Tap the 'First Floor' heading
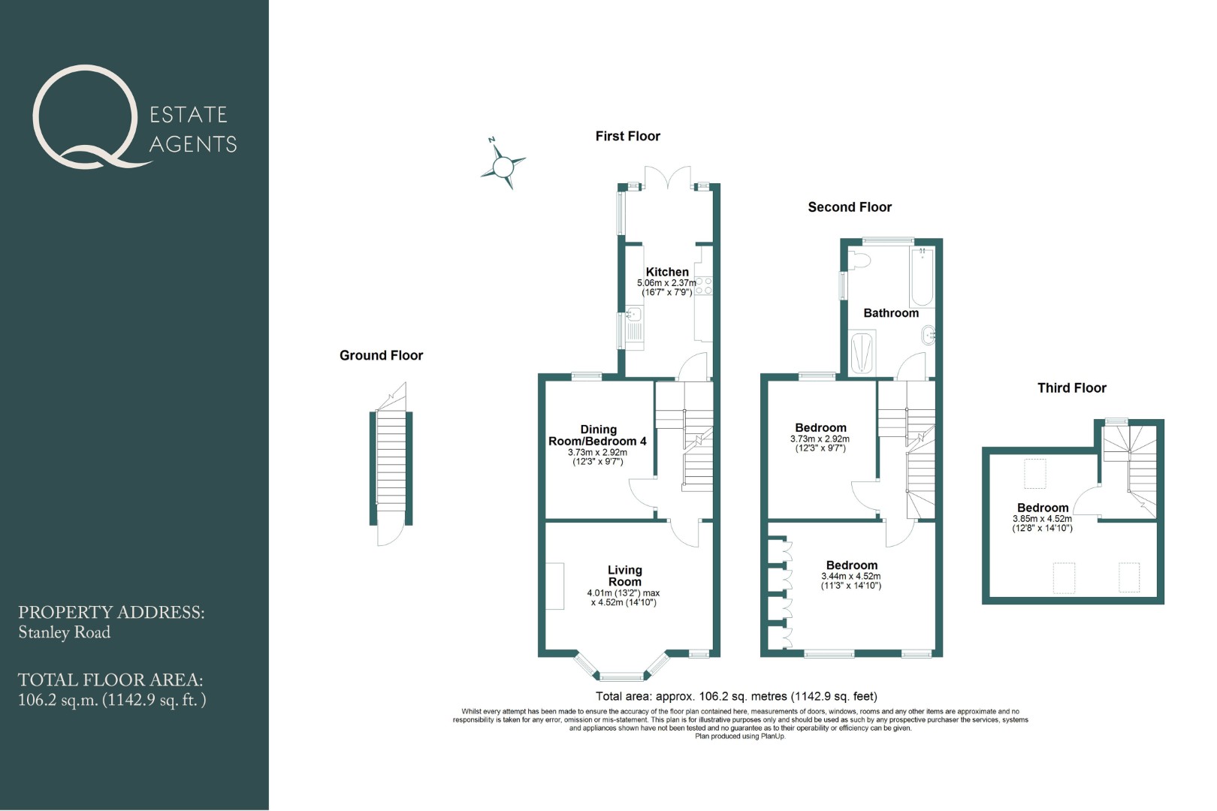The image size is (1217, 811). pyautogui.click(x=627, y=137)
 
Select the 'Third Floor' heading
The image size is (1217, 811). pyautogui.click(x=1071, y=387)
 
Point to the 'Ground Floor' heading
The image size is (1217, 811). pyautogui.click(x=381, y=355)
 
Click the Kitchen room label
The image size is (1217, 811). pyautogui.click(x=667, y=272)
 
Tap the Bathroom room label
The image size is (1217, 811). pyautogui.click(x=891, y=313)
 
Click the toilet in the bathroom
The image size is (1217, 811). pyautogui.click(x=859, y=261)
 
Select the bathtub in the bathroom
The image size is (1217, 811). pyautogui.click(x=922, y=276)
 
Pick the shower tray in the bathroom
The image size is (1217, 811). pyautogui.click(x=862, y=353)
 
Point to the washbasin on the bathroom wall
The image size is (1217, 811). pyautogui.click(x=929, y=336)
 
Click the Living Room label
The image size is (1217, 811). pyautogui.click(x=625, y=576)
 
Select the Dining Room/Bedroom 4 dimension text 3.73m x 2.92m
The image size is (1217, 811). pyautogui.click(x=598, y=452)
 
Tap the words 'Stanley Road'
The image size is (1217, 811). pyautogui.click(x=64, y=632)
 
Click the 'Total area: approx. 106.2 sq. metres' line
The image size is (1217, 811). pyautogui.click(x=736, y=696)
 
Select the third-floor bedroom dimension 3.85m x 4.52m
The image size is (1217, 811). pyautogui.click(x=1042, y=519)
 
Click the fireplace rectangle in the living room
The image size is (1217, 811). pyautogui.click(x=554, y=586)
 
